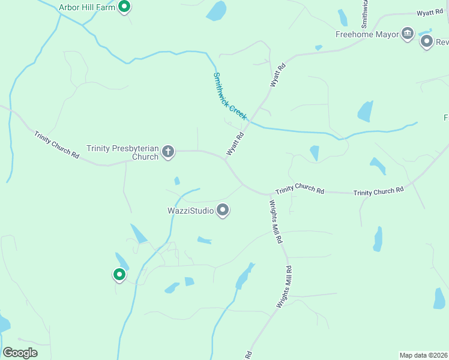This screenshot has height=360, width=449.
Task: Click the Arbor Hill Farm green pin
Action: (124, 7)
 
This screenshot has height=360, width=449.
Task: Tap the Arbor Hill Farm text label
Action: (87, 8)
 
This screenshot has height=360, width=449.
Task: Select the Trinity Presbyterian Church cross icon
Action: (168, 152)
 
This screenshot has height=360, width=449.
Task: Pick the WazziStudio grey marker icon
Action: (223, 210)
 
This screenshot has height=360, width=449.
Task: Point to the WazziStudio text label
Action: (190, 211)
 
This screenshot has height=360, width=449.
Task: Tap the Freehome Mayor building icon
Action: (408, 34)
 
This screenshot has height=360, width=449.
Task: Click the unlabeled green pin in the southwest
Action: (119, 275)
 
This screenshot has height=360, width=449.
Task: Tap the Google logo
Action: (20, 353)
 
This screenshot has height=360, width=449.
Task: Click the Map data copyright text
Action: (423, 355)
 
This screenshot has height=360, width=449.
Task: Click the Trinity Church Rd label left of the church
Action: (56, 145)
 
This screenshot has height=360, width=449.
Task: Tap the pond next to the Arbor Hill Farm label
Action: (215, 11)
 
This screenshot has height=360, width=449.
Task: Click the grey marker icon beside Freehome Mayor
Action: (427, 41)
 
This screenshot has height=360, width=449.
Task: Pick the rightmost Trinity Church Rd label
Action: (378, 191)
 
